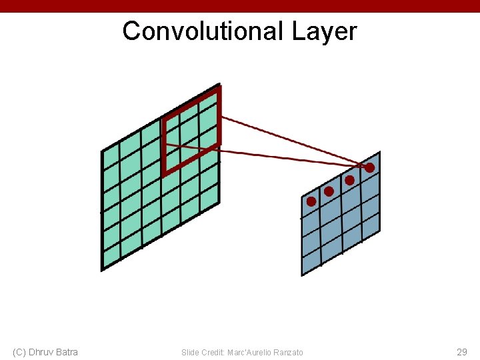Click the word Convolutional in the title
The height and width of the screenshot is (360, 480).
tap(203, 31)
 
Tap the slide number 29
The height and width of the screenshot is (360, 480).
tap(461, 351)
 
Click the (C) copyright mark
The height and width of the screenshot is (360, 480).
tap(19, 352)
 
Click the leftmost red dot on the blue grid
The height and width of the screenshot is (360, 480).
tap(311, 201)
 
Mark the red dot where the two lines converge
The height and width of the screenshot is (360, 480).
tap(369, 168)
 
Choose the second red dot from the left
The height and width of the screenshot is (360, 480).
tap(329, 191)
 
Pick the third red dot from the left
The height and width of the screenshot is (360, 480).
tap(349, 180)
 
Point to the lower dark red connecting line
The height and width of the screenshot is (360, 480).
tap(287, 157)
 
